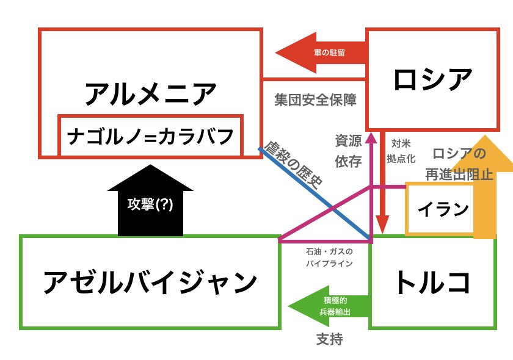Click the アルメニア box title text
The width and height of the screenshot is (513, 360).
click(x=151, y=94)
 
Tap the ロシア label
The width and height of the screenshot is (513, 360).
click(x=433, y=79)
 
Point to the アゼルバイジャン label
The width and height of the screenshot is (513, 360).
click(x=150, y=282)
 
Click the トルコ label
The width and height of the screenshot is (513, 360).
click(x=432, y=282)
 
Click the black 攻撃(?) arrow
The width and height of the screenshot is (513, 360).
click(x=150, y=200)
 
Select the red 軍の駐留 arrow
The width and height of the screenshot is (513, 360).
click(x=321, y=52)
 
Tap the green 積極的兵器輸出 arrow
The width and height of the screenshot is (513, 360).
click(x=329, y=306)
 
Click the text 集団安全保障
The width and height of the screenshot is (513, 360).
click(x=315, y=99)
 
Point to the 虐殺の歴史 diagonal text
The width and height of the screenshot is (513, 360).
click(x=294, y=165)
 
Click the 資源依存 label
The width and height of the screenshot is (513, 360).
click(x=348, y=151)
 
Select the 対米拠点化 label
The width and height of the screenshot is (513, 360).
click(x=401, y=151)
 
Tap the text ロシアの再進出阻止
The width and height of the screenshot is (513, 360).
click(x=459, y=164)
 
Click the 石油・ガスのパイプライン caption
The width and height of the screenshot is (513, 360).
click(x=329, y=257)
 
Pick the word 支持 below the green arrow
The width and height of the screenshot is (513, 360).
click(x=329, y=339)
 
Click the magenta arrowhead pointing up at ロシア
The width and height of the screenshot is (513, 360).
click(x=371, y=137)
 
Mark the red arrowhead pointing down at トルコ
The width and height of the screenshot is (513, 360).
click(x=382, y=225)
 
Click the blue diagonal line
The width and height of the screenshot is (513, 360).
click(x=314, y=193)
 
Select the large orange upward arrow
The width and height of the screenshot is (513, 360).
click(x=485, y=186)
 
